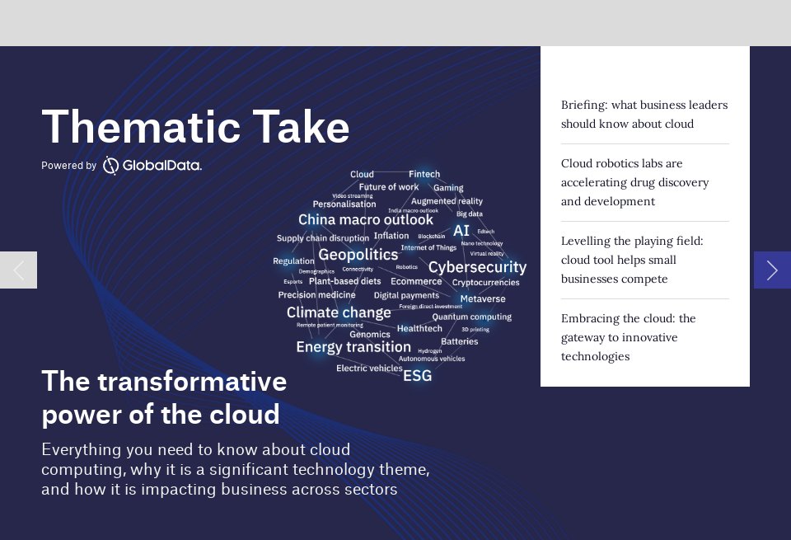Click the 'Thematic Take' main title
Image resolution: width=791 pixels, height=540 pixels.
click(x=195, y=127)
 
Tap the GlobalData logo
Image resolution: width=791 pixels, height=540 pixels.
click(x=152, y=166)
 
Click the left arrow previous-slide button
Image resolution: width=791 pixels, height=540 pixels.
click(x=18, y=270)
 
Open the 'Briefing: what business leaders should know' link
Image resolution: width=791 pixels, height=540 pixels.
click(x=644, y=115)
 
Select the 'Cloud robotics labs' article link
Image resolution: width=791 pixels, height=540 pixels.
click(x=634, y=182)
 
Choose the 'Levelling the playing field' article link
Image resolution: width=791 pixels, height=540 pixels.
click(x=631, y=260)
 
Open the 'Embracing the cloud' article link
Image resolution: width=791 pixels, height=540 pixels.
click(x=628, y=337)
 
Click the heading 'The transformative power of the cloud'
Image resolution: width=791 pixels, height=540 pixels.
click(x=164, y=397)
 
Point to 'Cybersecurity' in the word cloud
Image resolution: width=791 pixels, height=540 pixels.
click(x=477, y=267)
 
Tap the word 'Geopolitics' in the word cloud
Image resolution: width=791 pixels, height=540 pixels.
click(x=358, y=255)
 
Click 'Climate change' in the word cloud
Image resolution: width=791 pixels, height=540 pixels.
click(x=339, y=312)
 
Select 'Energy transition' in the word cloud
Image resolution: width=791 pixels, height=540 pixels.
click(x=353, y=347)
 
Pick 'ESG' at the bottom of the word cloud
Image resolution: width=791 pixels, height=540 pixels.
click(x=417, y=376)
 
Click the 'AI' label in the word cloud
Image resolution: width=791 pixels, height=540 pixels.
click(x=461, y=231)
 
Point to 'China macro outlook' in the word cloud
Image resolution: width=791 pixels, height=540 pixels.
click(x=365, y=220)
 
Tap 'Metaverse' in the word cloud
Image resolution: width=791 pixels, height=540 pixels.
click(x=483, y=299)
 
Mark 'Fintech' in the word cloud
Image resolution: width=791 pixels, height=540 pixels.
click(x=424, y=174)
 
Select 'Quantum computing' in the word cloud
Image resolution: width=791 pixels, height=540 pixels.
click(x=471, y=317)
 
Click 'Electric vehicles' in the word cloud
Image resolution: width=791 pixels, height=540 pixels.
click(x=369, y=369)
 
